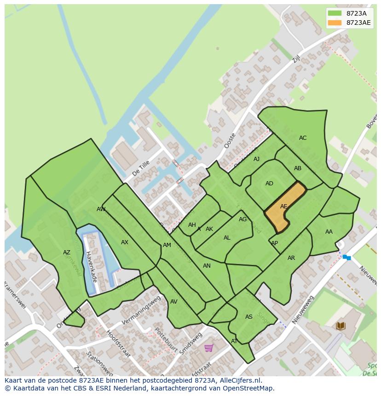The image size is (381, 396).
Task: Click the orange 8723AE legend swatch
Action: tap(335, 23)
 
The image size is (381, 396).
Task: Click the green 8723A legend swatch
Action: tap(335, 13)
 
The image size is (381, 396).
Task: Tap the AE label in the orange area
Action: tap(283, 207)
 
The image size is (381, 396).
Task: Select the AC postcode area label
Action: tap(302, 138)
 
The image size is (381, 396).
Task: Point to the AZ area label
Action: tap(67, 253)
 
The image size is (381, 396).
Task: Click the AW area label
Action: tap(101, 209)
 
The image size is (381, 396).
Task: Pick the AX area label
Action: tap(124, 242)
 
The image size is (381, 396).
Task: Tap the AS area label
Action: tap(248, 317)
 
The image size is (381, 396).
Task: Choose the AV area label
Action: tap(173, 302)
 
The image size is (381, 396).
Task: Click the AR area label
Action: tap(291, 258)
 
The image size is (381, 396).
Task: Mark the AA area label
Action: tap(329, 232)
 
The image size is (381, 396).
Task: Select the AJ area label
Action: tap(256, 159)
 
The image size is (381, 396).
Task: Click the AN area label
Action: tap(207, 266)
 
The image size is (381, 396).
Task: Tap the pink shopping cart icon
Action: tap(208, 348)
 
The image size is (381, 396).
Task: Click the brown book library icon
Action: tap(341, 326)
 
